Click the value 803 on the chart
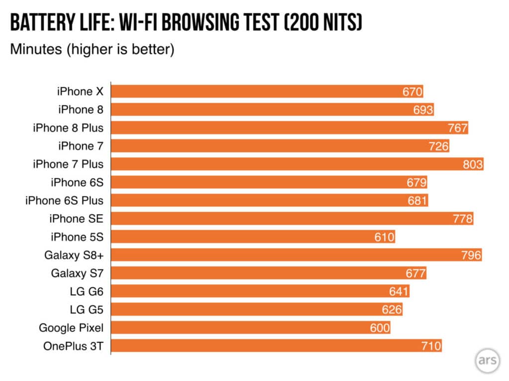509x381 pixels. (473, 164)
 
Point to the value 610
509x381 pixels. (384, 237)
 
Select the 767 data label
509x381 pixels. (457, 128)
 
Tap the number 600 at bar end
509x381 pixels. (380, 328)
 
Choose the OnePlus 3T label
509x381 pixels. (74, 346)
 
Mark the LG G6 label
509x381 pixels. (87, 291)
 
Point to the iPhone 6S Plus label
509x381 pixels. (65, 200)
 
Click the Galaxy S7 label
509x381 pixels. (77, 273)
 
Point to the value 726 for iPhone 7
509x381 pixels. (438, 146)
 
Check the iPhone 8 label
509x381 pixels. (81, 110)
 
